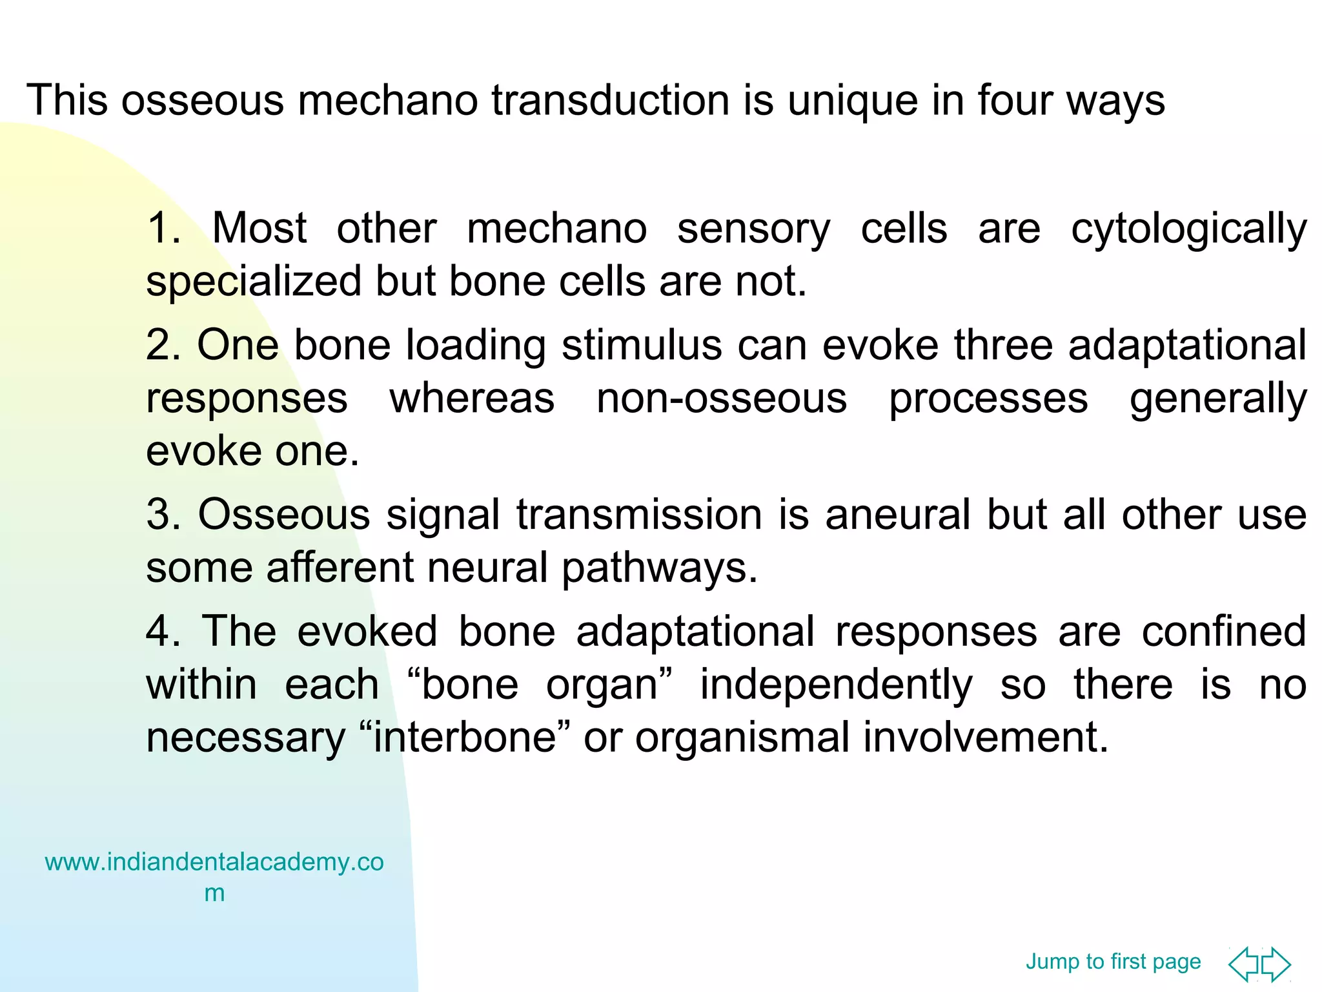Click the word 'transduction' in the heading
(610, 101)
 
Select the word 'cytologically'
(1188, 230)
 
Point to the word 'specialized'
(254, 282)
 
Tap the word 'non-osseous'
(721, 398)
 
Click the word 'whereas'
(472, 398)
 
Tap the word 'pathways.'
(659, 569)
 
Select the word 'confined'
(1224, 631)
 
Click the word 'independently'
(836, 685)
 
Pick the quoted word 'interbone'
(465, 737)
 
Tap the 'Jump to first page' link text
(1113, 962)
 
